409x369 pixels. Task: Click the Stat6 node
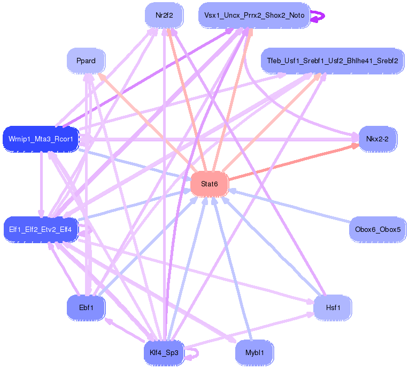pyautogui.click(x=210, y=184)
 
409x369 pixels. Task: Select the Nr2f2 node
pyautogui.click(x=164, y=15)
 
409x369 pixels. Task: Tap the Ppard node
pyautogui.click(x=86, y=61)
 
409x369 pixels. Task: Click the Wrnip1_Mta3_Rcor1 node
pyautogui.click(x=41, y=139)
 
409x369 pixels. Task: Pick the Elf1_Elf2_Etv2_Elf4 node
pyautogui.click(x=41, y=229)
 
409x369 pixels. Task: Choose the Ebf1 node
pyautogui.click(x=86, y=307)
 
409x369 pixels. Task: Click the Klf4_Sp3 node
pyautogui.click(x=164, y=353)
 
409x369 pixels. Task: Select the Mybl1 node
pyautogui.click(x=254, y=353)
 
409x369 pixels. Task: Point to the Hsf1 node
pyautogui.click(x=333, y=307)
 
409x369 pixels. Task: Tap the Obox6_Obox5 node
pyautogui.click(x=377, y=229)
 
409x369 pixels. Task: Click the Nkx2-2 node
pyautogui.click(x=377, y=139)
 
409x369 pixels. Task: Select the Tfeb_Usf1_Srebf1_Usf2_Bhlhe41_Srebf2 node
pyautogui.click(x=333, y=61)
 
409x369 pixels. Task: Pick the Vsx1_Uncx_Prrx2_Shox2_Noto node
pyautogui.click(x=254, y=15)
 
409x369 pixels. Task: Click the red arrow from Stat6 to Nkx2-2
pyautogui.click(x=294, y=162)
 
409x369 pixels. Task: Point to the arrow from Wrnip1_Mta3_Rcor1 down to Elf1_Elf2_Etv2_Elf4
pyautogui.click(x=41, y=184)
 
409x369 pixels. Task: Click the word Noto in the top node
pyautogui.click(x=297, y=15)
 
